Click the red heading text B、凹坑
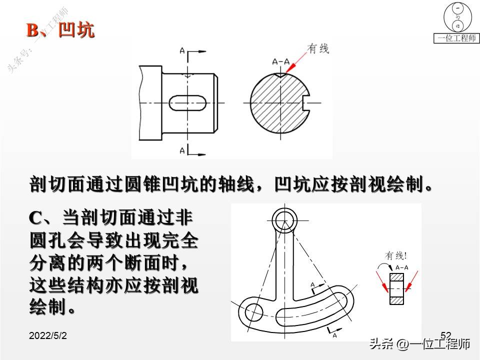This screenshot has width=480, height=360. (x=60, y=30)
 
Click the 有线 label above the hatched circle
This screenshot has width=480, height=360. (x=318, y=48)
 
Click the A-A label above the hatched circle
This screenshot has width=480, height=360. (x=281, y=61)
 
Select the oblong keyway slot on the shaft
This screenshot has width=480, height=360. (x=187, y=102)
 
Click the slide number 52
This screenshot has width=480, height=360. (x=446, y=334)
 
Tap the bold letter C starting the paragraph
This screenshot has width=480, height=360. (x=36, y=218)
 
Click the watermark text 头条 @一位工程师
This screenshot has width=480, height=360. (x=419, y=344)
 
